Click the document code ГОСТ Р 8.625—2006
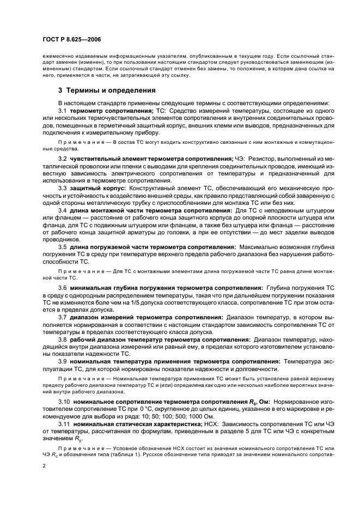point(70,40)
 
